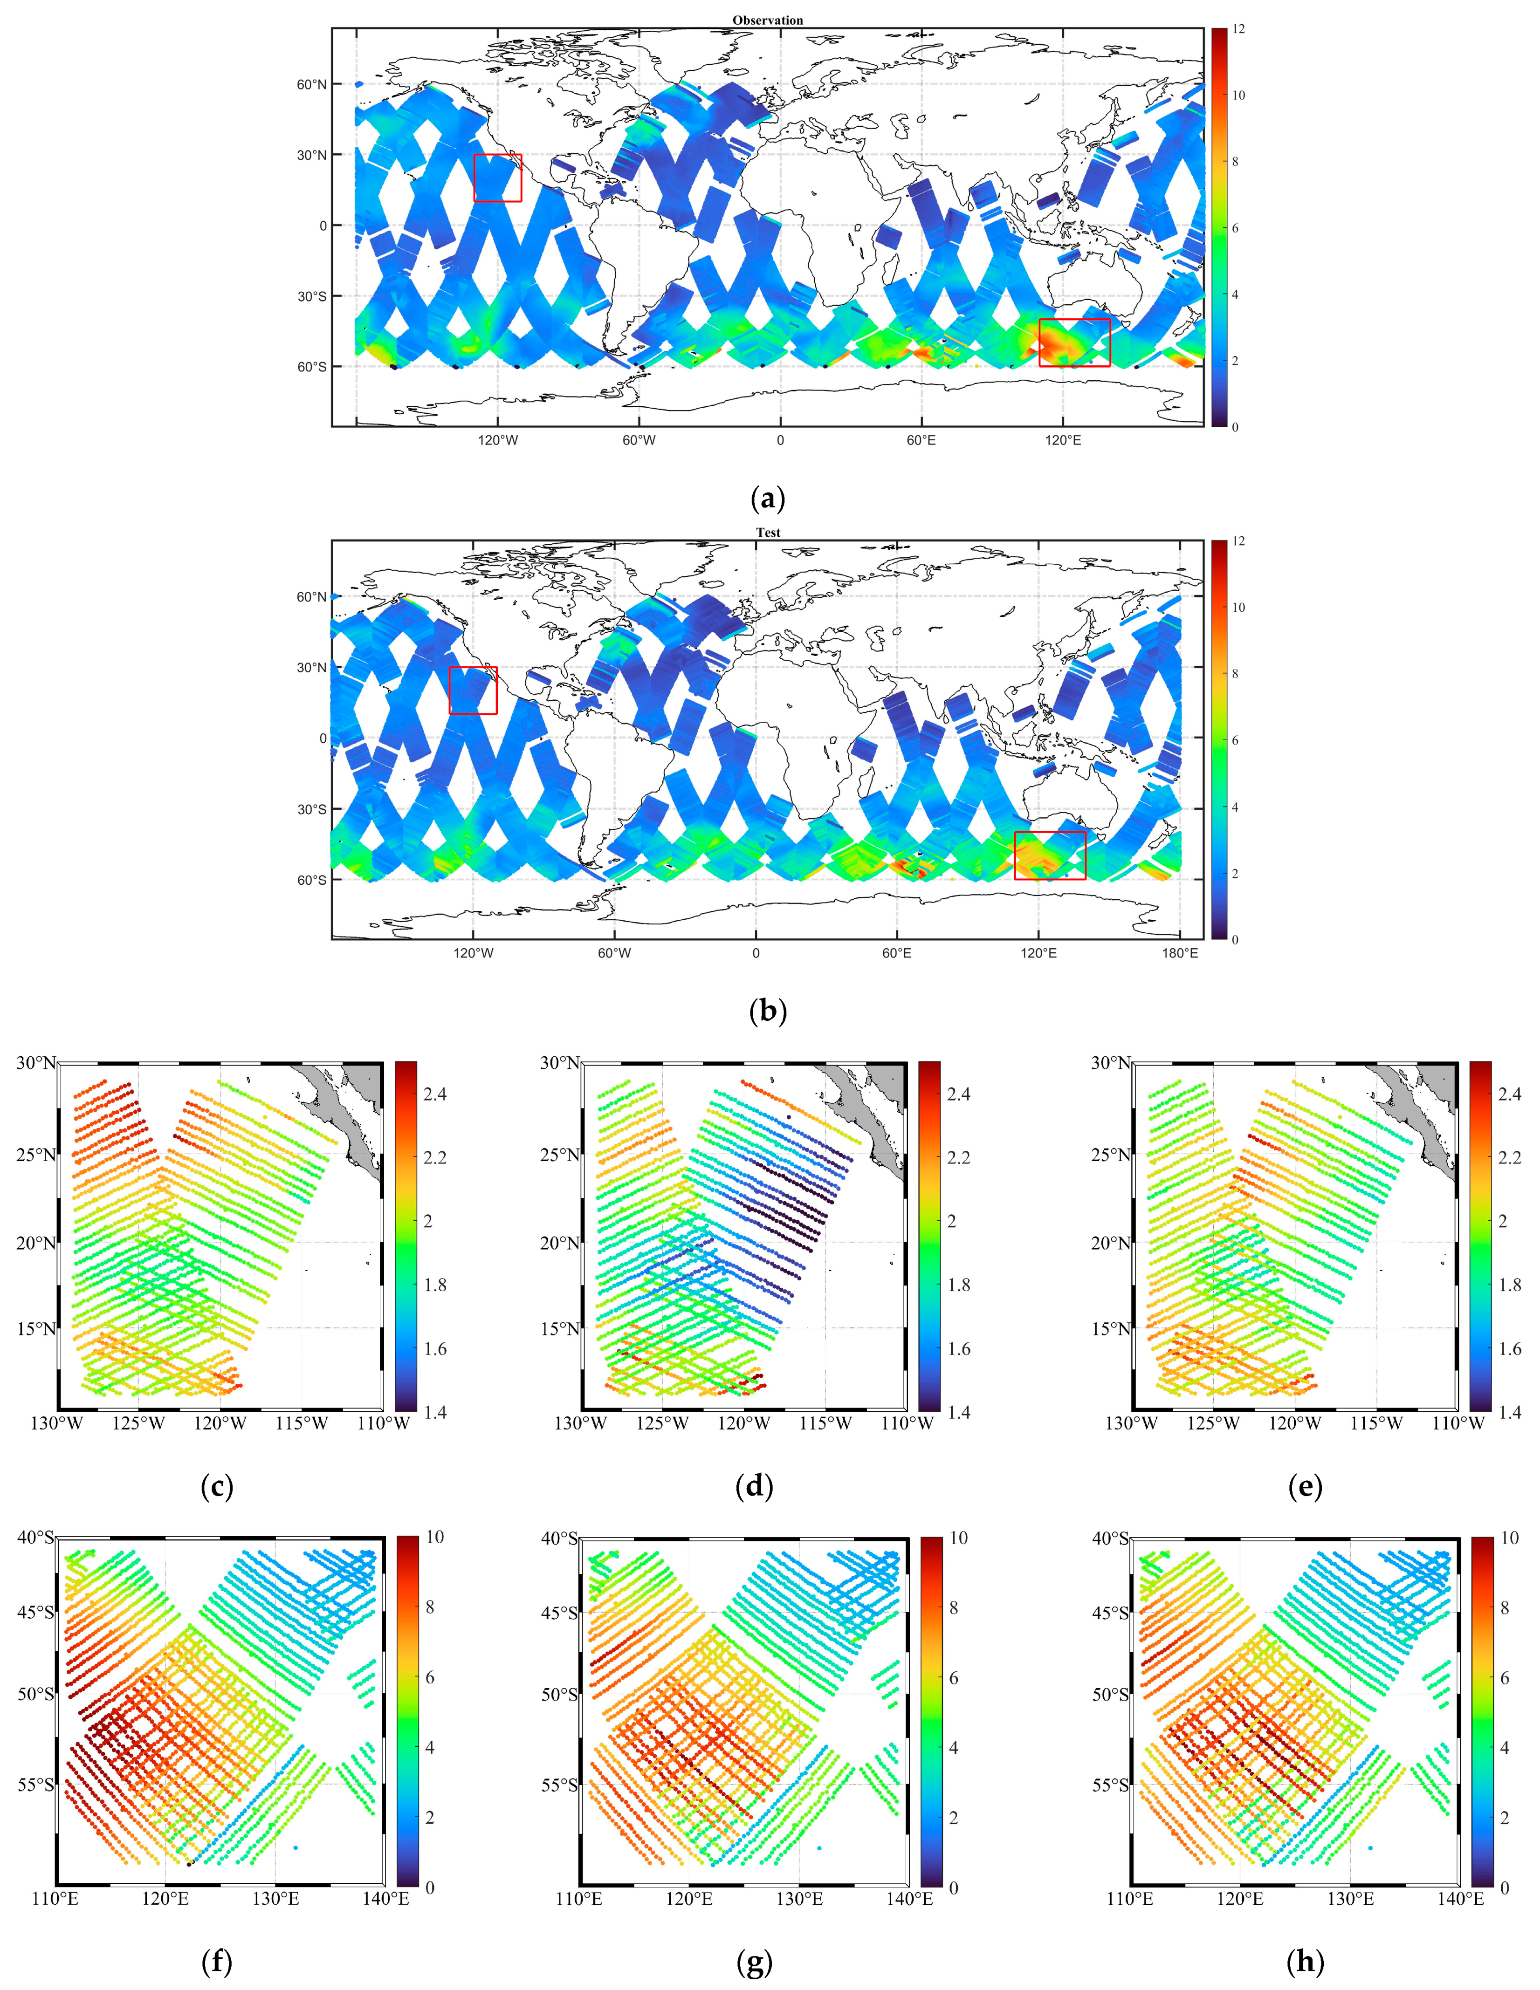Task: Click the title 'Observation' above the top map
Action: tap(767, 20)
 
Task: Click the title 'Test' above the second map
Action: tap(767, 532)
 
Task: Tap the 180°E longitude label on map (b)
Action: tap(1179, 953)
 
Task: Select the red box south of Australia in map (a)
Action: tap(1074, 342)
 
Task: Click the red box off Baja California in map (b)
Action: tap(473, 691)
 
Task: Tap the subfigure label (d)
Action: tap(754, 1486)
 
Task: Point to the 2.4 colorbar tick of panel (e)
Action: tap(1509, 1094)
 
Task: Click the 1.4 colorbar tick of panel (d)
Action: tap(959, 1412)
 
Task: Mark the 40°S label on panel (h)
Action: tap(1110, 1538)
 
